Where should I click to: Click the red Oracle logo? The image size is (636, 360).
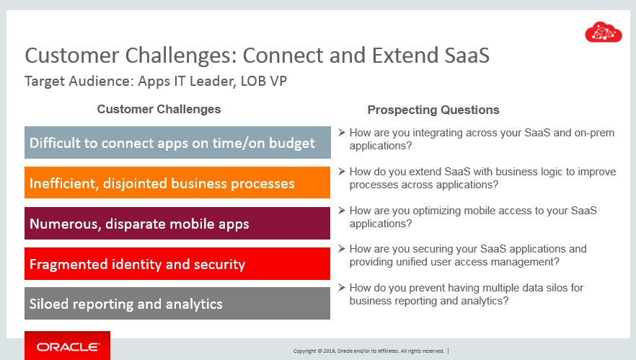pyautogui.click(x=67, y=346)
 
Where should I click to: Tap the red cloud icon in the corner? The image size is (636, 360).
pyautogui.click(x=603, y=32)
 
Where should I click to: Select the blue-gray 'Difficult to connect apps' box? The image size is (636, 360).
pyautogui.click(x=177, y=142)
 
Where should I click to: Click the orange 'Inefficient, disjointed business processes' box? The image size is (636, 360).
pyautogui.click(x=177, y=183)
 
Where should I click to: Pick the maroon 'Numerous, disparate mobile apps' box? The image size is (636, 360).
pyautogui.click(x=177, y=223)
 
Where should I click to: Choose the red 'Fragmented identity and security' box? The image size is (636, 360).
pyautogui.click(x=177, y=264)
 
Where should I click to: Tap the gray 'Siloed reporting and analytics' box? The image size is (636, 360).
pyautogui.click(x=177, y=304)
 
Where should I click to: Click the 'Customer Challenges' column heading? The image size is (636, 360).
pyautogui.click(x=159, y=109)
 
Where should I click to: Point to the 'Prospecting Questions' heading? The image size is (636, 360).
pyautogui.click(x=433, y=110)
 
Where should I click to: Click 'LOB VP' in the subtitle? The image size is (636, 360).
pyautogui.click(x=264, y=81)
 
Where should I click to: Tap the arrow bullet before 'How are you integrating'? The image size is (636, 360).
pyautogui.click(x=342, y=132)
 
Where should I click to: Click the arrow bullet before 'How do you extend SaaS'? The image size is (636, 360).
pyautogui.click(x=342, y=171)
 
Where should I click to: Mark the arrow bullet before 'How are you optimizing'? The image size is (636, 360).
pyautogui.click(x=342, y=210)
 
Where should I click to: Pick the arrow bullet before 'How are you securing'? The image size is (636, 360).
pyautogui.click(x=342, y=248)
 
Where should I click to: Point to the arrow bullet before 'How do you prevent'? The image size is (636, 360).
pyautogui.click(x=342, y=287)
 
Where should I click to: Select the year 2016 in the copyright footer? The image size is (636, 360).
pyautogui.click(x=329, y=351)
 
